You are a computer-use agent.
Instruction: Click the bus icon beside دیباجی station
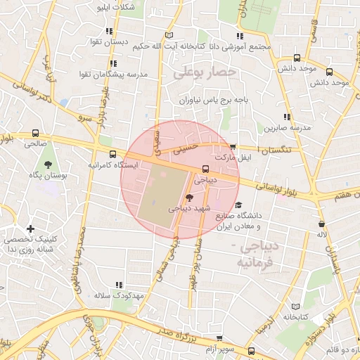tap(205, 168)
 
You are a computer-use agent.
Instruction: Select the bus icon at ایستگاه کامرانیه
tap(113, 154)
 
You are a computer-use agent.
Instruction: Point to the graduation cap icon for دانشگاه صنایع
tap(239, 205)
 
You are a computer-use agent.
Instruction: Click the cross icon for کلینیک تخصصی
tap(30, 229)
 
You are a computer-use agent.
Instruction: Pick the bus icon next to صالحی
tap(35, 133)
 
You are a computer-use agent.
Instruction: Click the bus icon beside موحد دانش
tap(297, 58)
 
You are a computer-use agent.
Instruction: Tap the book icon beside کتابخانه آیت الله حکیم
tap(167, 35)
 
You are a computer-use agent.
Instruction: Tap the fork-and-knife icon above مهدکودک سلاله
tap(119, 285)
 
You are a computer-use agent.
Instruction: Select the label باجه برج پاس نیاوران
tap(214, 101)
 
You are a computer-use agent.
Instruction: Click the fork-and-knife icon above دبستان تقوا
tap(109, 31)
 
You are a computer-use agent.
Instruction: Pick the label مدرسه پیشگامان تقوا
tap(117, 73)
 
